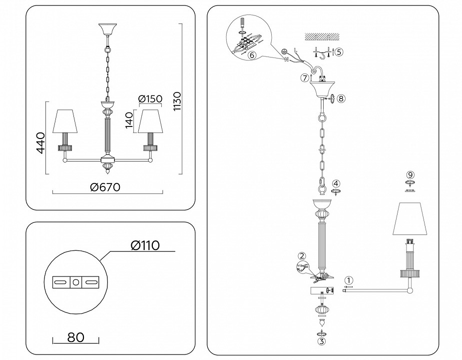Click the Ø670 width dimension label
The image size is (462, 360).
[x=105, y=187]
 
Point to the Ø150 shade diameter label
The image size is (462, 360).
[x=150, y=98]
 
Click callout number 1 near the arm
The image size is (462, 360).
[x=349, y=280]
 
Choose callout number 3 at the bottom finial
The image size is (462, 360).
[x=322, y=342]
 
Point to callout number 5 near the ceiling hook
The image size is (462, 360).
[x=339, y=52]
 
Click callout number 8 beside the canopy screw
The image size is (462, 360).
[x=342, y=98]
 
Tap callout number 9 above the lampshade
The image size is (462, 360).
[x=410, y=174]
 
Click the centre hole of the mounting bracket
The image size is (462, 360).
[x=75, y=283]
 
